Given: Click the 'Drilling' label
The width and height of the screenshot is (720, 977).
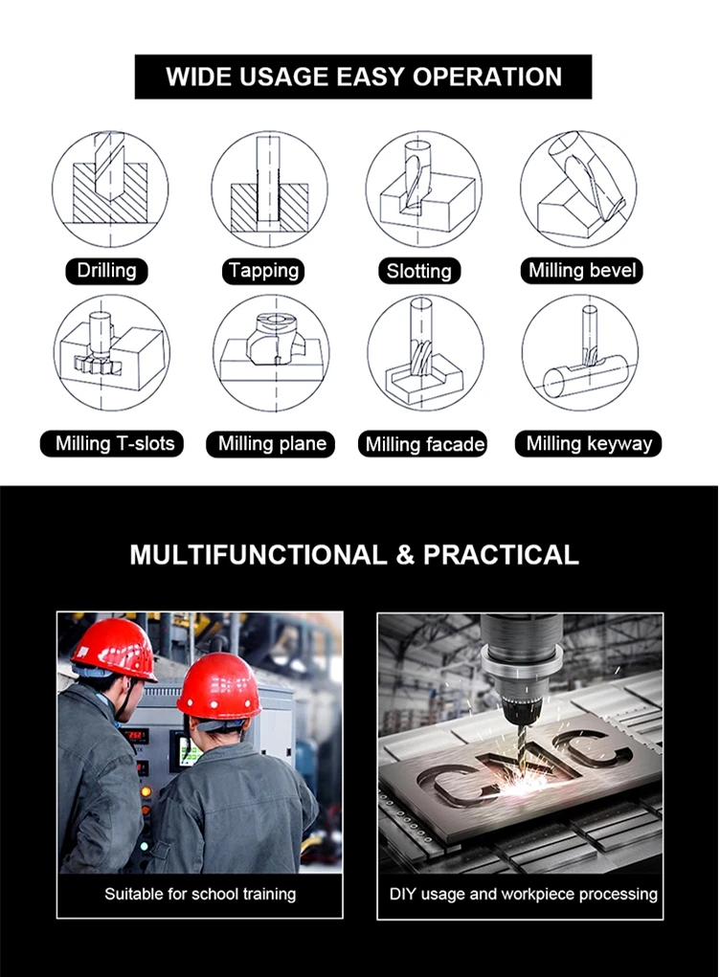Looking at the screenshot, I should (106, 271).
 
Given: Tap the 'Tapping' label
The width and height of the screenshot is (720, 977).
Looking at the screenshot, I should (264, 271).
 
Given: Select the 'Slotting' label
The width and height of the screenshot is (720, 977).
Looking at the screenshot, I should (418, 272).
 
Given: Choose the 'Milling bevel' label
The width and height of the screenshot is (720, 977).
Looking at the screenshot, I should (582, 271).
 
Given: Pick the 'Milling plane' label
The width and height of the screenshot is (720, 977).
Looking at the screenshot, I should (272, 444).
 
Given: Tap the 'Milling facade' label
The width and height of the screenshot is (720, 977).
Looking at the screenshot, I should (425, 445).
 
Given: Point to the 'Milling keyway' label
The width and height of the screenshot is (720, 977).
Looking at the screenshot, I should (589, 444).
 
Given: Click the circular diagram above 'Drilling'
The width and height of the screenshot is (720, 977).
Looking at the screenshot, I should (110, 188).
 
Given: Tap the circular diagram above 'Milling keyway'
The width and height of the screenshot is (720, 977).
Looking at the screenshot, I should (579, 354).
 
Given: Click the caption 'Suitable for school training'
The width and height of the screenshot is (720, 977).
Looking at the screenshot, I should (200, 895).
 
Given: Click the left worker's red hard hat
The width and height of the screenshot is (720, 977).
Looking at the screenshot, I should (113, 648).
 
